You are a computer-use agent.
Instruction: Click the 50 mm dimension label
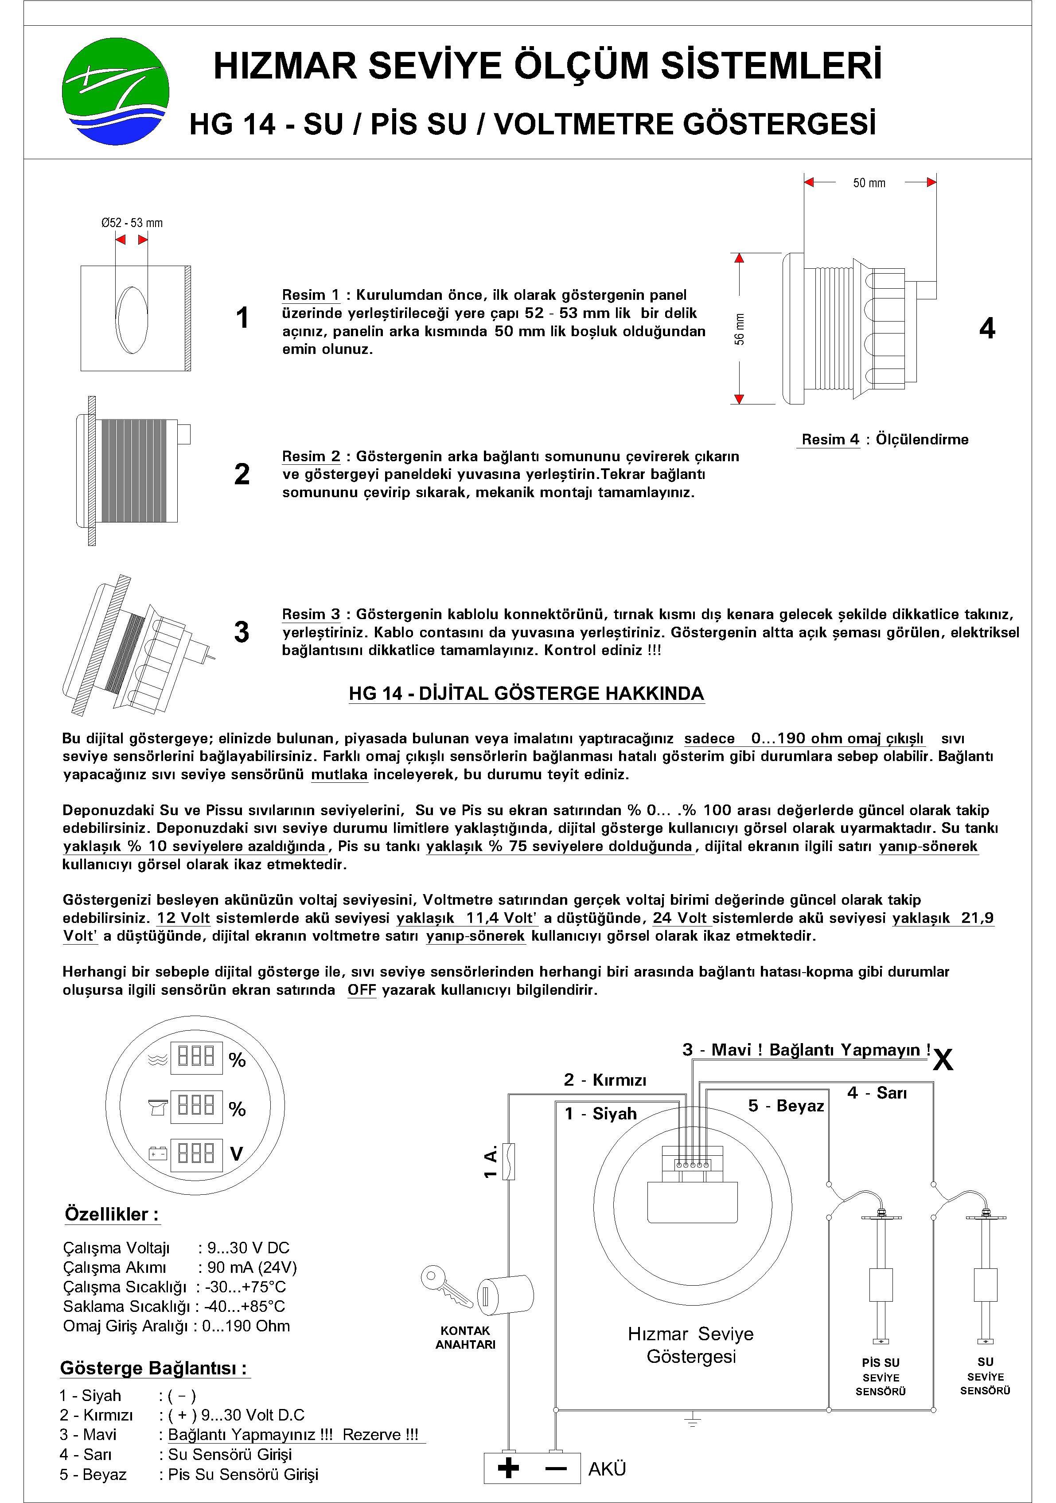click(x=869, y=183)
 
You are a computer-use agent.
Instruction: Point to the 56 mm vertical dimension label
click(x=739, y=329)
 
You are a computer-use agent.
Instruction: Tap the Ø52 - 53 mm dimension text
click(x=132, y=223)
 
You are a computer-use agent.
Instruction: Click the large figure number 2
click(x=242, y=474)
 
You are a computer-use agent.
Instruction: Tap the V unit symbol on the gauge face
click(x=237, y=1154)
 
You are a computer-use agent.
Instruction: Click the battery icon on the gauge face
click(x=157, y=1153)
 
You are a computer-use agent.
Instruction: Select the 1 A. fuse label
click(x=491, y=1162)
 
